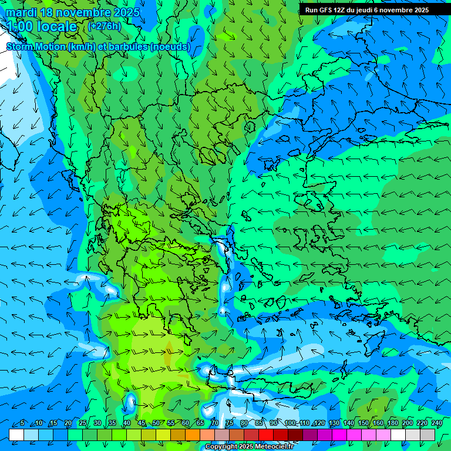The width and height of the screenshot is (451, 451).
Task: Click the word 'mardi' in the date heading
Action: [22, 12]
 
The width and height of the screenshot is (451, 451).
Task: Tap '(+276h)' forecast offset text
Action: [105, 26]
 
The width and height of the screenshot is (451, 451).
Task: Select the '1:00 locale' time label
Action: [41, 26]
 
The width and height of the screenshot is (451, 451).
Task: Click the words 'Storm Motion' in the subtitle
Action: [36, 47]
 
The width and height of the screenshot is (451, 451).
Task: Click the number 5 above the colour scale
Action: [22, 423]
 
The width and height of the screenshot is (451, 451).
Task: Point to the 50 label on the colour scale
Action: [156, 423]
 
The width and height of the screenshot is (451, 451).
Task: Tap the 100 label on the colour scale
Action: [290, 423]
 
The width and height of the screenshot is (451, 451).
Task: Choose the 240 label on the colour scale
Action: [436, 423]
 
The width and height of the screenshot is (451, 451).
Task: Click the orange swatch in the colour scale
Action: [193, 435]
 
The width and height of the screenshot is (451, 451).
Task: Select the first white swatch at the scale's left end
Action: [16, 435]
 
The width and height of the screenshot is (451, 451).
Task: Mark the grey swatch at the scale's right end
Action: [428, 435]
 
